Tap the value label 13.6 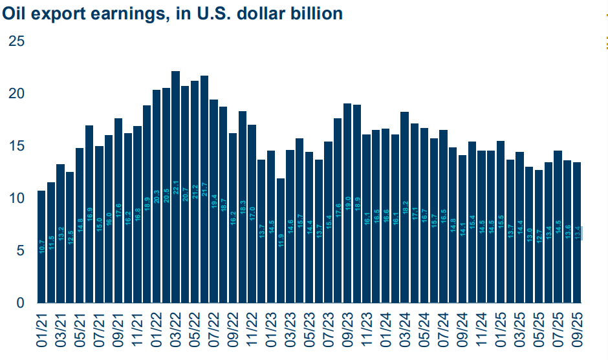point(567,233)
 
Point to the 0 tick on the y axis point(21,303)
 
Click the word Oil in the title point(14,13)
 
